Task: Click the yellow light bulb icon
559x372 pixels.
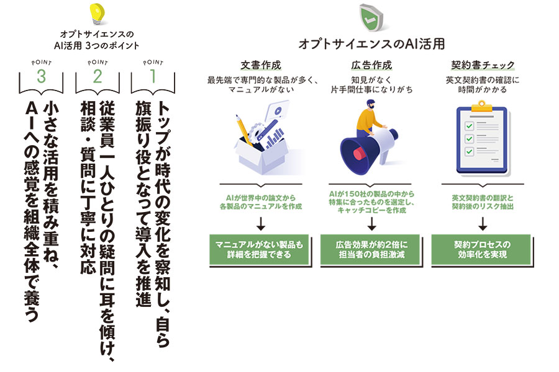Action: click(96, 13)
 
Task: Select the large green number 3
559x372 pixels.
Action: click(42, 77)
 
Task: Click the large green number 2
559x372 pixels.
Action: click(97, 77)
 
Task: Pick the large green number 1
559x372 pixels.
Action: click(152, 77)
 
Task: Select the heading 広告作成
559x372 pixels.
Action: click(371, 65)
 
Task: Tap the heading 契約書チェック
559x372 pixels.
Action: click(483, 65)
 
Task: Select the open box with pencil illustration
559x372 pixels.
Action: click(261, 141)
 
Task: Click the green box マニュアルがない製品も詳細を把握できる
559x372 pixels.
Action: click(261, 249)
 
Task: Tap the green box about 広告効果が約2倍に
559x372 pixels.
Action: click(371, 249)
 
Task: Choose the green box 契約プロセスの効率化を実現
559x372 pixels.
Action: click(482, 249)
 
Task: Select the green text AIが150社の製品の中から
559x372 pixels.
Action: click(371, 194)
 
